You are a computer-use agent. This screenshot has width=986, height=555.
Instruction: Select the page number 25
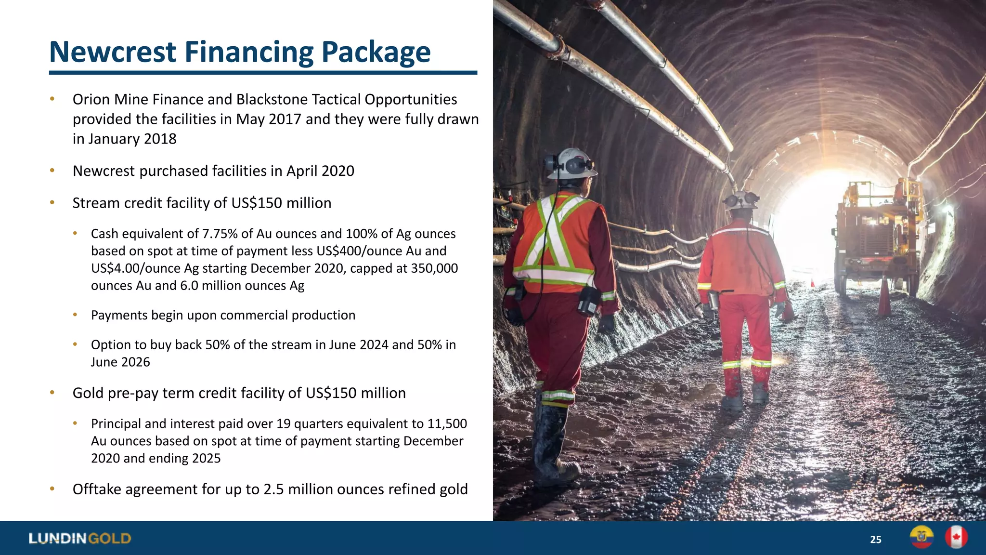pyautogui.click(x=875, y=540)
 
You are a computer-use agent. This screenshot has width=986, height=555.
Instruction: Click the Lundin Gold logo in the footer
pyautogui.click(x=80, y=538)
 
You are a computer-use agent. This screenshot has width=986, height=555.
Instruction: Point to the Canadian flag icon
pyautogui.click(x=956, y=537)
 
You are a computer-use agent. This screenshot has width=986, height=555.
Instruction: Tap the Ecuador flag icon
pyautogui.click(x=921, y=537)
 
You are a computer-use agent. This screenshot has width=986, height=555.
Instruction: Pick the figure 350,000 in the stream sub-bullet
pyautogui.click(x=434, y=268)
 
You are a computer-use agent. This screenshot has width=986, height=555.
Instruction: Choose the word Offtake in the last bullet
pyautogui.click(x=97, y=489)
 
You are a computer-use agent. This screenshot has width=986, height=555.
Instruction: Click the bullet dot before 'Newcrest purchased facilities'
pyautogui.click(x=52, y=171)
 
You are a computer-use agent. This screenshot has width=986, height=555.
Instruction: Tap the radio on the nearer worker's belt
pyautogui.click(x=588, y=302)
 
